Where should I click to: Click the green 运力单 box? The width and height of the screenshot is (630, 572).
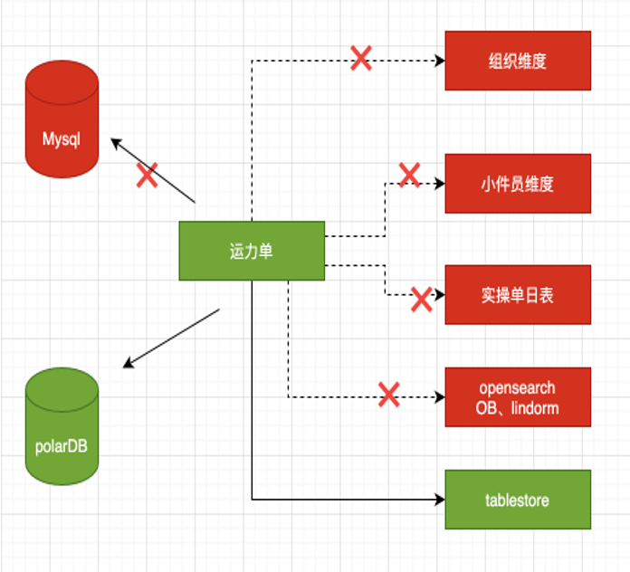coord(252,251)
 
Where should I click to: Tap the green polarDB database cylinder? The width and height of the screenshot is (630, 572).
coord(62,425)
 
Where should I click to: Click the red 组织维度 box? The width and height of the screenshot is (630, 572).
coord(517,61)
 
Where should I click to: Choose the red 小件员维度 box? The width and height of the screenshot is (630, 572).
coord(517,183)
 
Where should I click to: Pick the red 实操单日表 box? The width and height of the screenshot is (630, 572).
coord(517,294)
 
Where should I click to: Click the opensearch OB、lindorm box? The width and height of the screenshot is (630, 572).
coord(517,397)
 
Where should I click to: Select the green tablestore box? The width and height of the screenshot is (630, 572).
coord(517,500)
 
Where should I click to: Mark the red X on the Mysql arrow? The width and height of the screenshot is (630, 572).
coord(147,175)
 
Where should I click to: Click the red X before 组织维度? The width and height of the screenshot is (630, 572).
coord(361,60)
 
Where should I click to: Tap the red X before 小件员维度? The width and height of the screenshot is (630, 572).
coord(409,175)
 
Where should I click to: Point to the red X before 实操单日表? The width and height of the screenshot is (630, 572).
coord(421,299)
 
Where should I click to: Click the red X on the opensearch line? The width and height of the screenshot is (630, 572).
coord(388,395)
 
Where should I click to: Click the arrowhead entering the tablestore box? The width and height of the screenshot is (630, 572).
coord(440,499)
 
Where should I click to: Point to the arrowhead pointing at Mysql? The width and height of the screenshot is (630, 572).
coord(115,141)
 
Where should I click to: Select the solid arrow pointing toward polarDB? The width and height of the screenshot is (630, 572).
coord(171,338)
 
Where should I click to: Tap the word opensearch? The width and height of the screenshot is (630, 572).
coord(517,387)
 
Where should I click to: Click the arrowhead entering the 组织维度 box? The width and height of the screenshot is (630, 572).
coord(440,61)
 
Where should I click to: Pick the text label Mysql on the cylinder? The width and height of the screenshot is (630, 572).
coord(62,140)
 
